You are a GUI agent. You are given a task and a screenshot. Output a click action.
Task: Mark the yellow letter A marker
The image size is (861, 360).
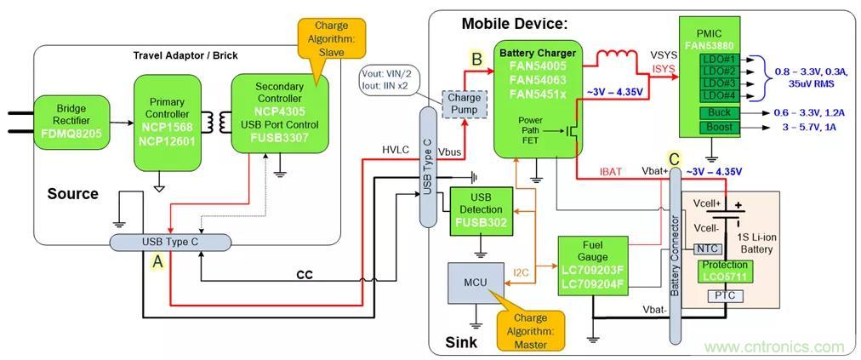pos(157,264)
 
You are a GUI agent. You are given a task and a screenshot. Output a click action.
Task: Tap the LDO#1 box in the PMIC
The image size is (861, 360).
pos(720,59)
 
